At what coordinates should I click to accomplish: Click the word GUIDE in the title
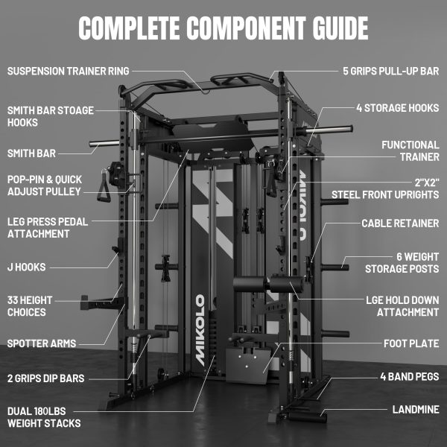(340, 28)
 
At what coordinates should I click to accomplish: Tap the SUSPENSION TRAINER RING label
(68, 71)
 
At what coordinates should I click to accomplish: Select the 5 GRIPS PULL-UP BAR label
(391, 71)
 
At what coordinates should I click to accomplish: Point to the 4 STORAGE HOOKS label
(398, 108)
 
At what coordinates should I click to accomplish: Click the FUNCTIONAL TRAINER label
(410, 150)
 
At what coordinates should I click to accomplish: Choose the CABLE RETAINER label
(400, 223)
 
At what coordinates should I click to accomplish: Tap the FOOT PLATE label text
(411, 343)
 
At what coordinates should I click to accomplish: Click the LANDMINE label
(416, 409)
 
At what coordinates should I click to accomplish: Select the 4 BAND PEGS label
(410, 376)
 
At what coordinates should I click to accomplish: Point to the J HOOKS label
(27, 267)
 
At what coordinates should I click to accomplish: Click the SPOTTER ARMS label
(42, 343)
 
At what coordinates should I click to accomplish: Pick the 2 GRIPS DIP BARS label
(46, 378)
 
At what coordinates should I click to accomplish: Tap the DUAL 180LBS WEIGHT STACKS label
(44, 417)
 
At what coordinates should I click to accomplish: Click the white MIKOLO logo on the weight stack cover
(200, 330)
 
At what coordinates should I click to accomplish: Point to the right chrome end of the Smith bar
(329, 130)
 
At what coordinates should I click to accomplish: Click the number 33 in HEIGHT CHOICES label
(13, 300)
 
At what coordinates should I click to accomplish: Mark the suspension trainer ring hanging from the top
(206, 92)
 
